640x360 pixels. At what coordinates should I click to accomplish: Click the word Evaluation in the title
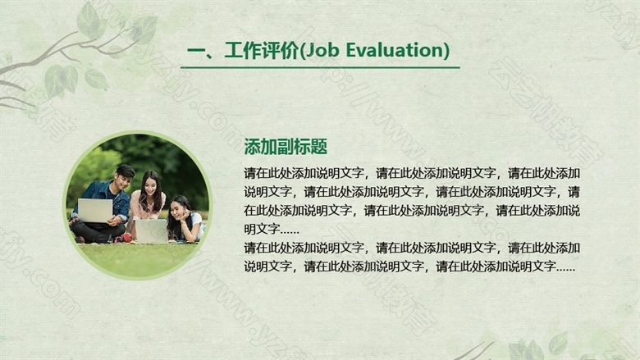394,50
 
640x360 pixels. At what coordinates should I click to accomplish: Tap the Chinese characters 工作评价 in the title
262,51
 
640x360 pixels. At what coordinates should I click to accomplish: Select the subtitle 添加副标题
286,146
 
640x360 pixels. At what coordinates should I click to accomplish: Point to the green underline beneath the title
320,67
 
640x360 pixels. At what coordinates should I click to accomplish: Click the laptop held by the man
95,211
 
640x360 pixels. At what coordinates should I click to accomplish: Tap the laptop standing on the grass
152,230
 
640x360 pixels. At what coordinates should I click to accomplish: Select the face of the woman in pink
151,185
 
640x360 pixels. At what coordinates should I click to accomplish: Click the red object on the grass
127,238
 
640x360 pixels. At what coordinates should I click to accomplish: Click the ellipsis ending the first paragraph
290,231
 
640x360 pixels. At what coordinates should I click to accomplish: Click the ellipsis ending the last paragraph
565,269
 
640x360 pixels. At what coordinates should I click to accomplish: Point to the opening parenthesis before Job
302,51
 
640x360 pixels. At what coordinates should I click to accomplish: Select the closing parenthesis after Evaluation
446,51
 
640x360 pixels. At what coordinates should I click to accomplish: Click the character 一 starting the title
195,51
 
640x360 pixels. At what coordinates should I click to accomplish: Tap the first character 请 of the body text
249,173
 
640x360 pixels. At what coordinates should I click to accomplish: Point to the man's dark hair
126,171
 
